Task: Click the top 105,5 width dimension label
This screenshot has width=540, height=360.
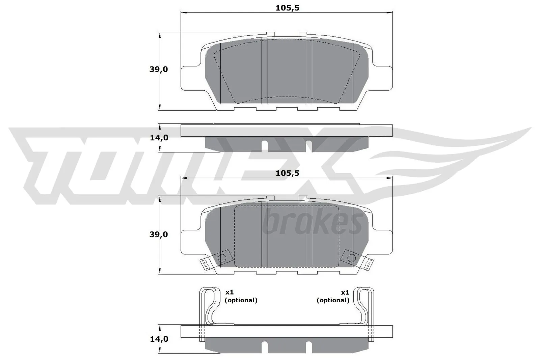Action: click(x=287, y=8)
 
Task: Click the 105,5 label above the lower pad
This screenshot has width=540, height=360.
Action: click(x=287, y=173)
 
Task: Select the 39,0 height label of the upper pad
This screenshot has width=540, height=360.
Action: click(x=159, y=70)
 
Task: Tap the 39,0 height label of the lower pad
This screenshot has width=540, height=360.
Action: click(x=159, y=234)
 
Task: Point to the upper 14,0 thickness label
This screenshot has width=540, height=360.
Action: click(x=159, y=138)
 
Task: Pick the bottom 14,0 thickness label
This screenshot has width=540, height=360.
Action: click(x=159, y=339)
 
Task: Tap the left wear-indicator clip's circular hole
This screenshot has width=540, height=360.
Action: click(x=222, y=258)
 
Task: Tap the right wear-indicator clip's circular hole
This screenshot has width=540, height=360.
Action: click(x=351, y=258)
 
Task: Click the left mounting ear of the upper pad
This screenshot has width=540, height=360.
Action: click(x=189, y=78)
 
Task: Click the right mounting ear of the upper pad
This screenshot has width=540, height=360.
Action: click(x=385, y=78)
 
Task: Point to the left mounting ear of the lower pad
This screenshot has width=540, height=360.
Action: click(x=189, y=242)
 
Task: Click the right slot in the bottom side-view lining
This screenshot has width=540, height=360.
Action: click(x=308, y=346)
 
